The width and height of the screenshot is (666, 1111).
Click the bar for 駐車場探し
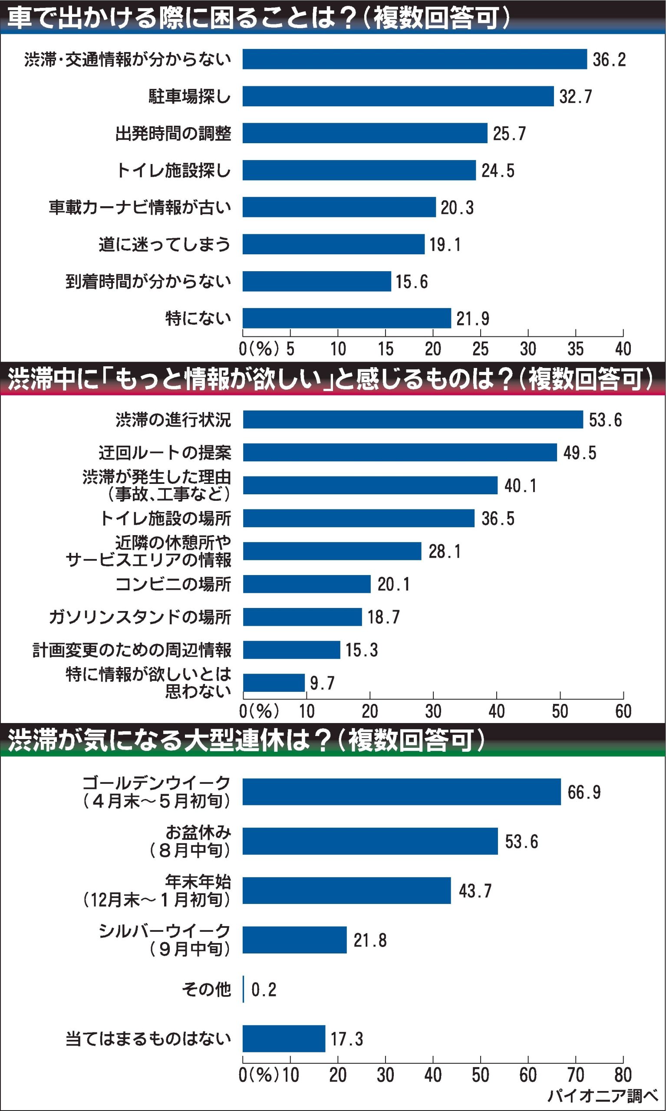[398, 96]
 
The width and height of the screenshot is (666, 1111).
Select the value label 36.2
[609, 59]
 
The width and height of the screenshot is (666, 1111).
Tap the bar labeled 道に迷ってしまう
[333, 244]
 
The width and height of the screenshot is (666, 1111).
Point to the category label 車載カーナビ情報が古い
[140, 207]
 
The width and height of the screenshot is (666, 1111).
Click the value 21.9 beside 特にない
[472, 319]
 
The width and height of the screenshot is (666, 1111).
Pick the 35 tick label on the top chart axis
[575, 349]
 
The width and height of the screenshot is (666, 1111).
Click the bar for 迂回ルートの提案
[399, 452]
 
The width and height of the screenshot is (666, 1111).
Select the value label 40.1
[520, 486]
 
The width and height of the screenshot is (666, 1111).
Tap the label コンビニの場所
[173, 584]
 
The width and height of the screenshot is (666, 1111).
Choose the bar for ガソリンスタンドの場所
[303, 617]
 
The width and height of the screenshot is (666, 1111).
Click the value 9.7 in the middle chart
[322, 683]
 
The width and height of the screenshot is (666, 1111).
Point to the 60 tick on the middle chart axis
[623, 711]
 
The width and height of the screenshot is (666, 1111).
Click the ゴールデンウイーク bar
[402, 792]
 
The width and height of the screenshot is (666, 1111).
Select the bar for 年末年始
[346, 891]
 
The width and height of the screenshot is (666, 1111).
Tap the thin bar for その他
[243, 989]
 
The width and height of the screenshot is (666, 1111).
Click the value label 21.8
[370, 940]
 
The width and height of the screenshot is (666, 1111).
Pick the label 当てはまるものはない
[148, 1039]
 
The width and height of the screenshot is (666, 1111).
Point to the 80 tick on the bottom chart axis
[623, 1075]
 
